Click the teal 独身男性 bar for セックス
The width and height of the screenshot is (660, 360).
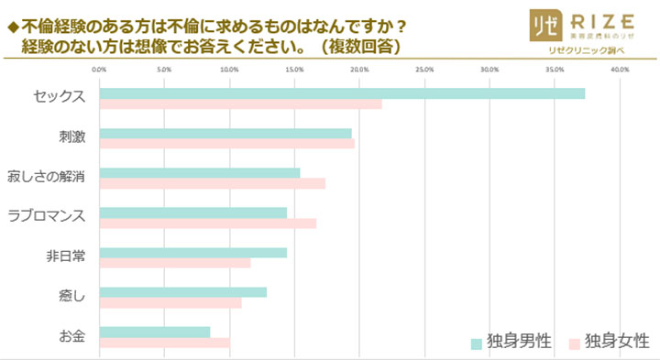[341, 93]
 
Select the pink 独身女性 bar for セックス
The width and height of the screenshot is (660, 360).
[240, 104]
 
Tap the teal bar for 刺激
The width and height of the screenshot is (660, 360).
[225, 134]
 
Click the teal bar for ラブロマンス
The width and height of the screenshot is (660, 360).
[192, 213]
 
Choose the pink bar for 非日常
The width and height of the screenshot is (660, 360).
[174, 264]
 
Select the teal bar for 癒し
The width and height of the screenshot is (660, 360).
[182, 292]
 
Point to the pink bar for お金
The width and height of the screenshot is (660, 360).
[164, 344]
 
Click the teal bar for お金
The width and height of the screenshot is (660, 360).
[154, 333]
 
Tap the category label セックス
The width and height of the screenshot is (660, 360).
[59, 98]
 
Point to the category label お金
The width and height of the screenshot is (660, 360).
[71, 337]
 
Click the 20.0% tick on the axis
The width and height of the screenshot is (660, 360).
[359, 69]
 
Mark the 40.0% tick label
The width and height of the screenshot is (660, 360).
[619, 69]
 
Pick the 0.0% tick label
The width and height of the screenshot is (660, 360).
[99, 69]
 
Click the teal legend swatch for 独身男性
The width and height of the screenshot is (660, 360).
[477, 343]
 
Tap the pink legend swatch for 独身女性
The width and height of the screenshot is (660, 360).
[574, 343]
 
